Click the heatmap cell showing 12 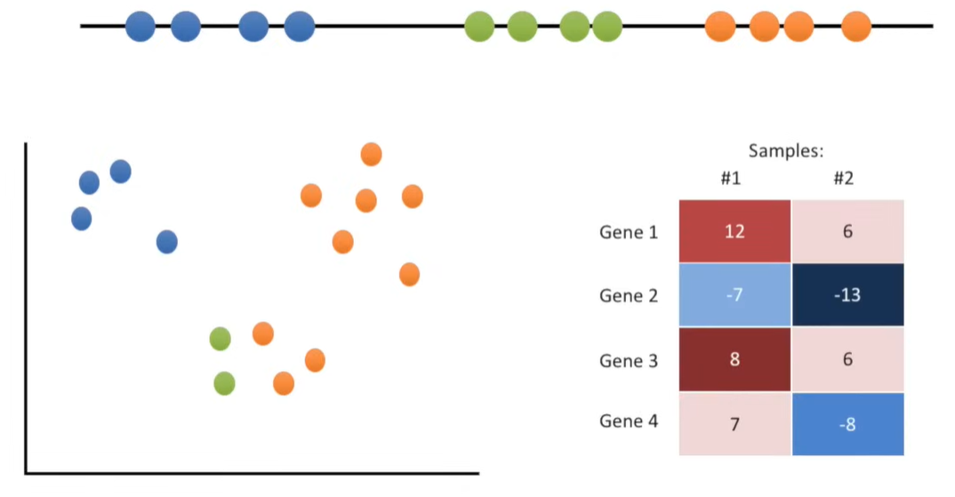click(x=734, y=231)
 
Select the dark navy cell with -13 click(x=847, y=295)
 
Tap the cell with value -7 click(x=734, y=295)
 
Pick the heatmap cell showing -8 click(x=847, y=424)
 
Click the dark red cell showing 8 click(x=734, y=359)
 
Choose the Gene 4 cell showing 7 click(x=734, y=424)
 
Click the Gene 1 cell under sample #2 click(x=847, y=231)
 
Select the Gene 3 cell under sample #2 click(x=847, y=359)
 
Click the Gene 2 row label click(x=629, y=296)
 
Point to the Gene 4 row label click(x=629, y=421)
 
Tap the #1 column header click(x=731, y=179)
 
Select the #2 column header click(x=843, y=179)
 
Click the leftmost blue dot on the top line click(x=140, y=27)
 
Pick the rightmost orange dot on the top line click(x=856, y=27)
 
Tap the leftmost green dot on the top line click(x=479, y=27)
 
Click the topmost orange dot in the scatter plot click(x=372, y=155)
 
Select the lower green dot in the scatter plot click(x=225, y=383)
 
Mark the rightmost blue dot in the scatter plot click(x=167, y=242)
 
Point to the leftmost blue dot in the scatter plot click(x=82, y=219)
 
